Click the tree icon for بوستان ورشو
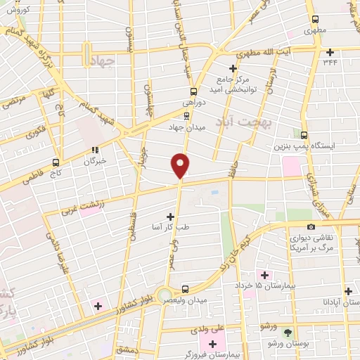[x=286, y=332]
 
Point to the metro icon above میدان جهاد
[x=186, y=117]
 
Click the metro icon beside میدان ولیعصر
[x=185, y=288]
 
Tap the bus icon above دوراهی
[x=195, y=91]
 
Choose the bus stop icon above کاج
[x=56, y=161]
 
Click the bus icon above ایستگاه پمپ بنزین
[x=304, y=134]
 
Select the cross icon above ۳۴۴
[x=330, y=51]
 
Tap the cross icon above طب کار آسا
[x=170, y=217]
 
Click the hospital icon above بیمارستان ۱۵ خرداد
[x=264, y=274]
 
